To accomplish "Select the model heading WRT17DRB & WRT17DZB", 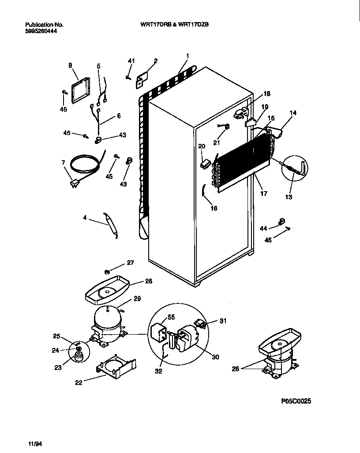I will pyautogui.click(x=172, y=25).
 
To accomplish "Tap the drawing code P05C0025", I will pyautogui.click(x=299, y=401).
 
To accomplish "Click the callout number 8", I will pyautogui.click(x=70, y=65).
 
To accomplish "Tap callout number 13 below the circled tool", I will pyautogui.click(x=288, y=197).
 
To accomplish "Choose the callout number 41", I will pyautogui.click(x=131, y=60).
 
